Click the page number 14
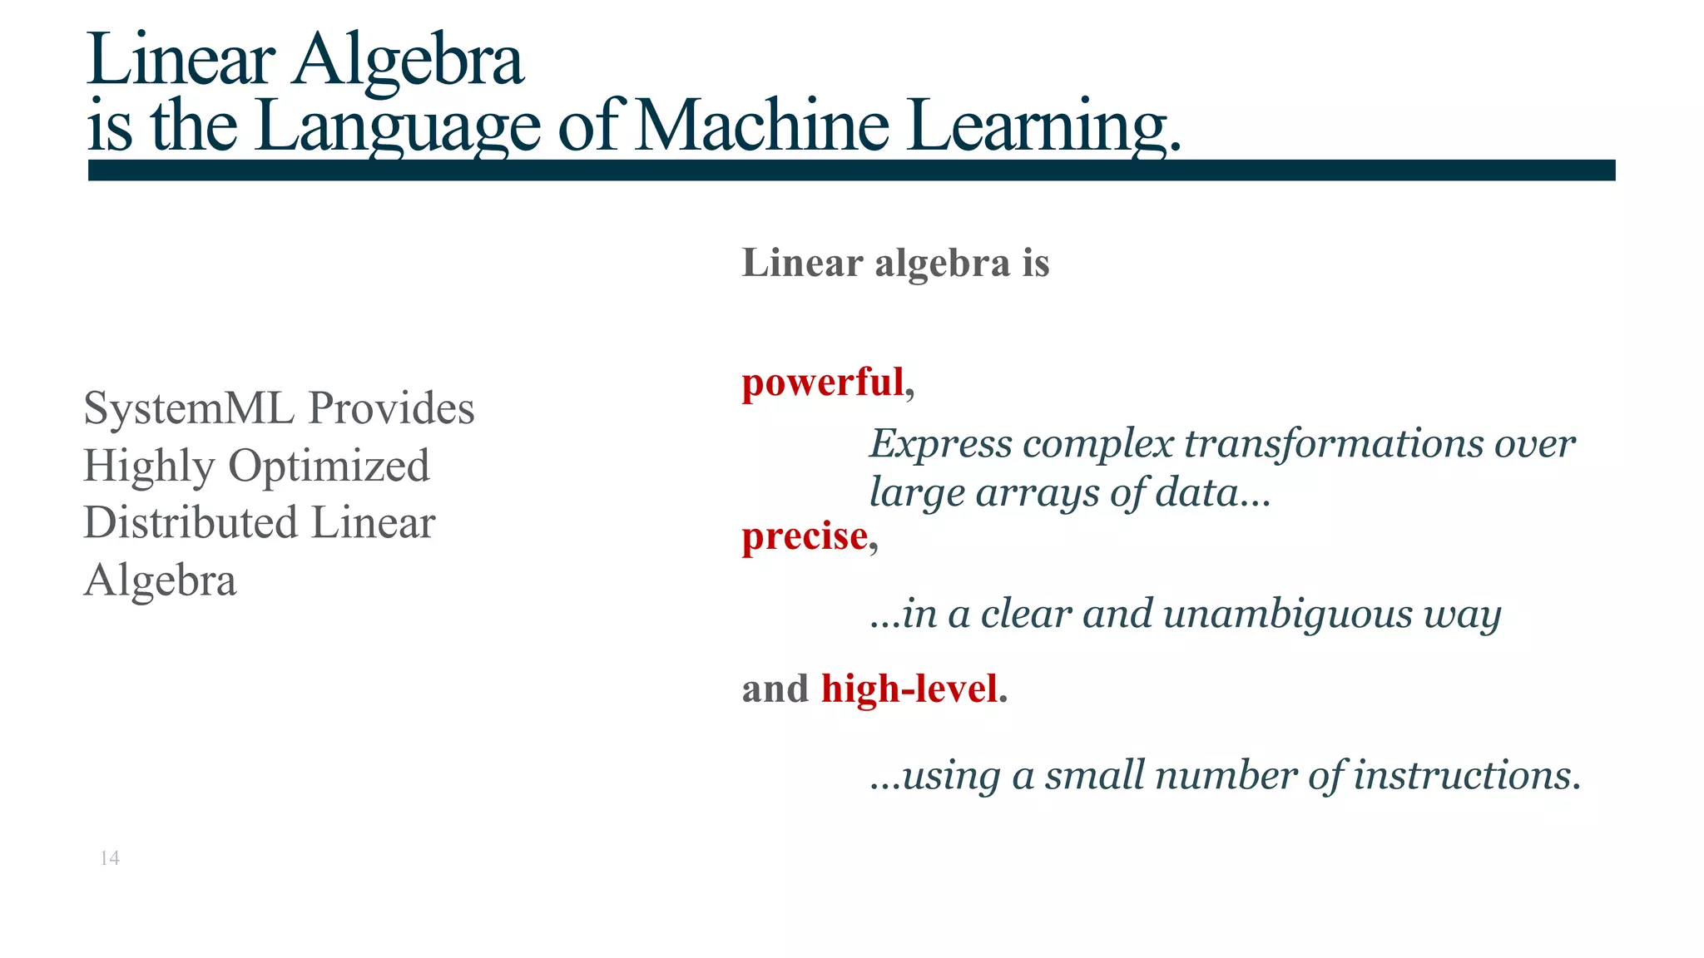tap(110, 858)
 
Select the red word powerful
tap(822, 383)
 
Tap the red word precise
tap(805, 536)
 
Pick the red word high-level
tap(909, 689)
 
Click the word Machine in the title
tap(761, 126)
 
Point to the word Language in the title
tap(399, 126)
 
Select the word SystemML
tap(189, 408)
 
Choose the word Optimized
tap(329, 466)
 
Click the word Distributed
tap(191, 523)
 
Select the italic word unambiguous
tap(1287, 615)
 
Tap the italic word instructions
tap(1466, 776)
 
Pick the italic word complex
tap(1097, 444)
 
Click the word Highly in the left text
tap(148, 466)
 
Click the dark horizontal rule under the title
tap(851, 170)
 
